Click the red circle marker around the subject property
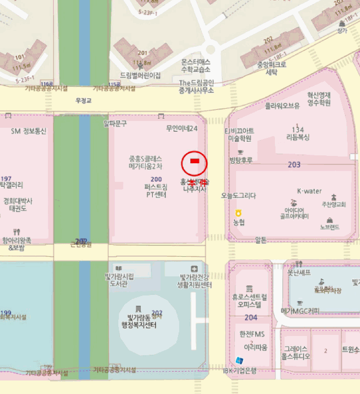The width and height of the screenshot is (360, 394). pyautogui.click(x=194, y=163)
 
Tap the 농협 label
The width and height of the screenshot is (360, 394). pyautogui.click(x=239, y=222)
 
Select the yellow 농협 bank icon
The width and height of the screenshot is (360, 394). pyautogui.click(x=238, y=212)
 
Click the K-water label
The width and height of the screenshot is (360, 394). pyautogui.click(x=309, y=191)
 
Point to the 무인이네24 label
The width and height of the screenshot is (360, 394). pyautogui.click(x=181, y=128)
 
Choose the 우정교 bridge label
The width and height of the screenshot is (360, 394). pyautogui.click(x=83, y=101)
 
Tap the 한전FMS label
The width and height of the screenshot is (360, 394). pyautogui.click(x=252, y=334)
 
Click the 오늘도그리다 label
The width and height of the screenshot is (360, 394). pyautogui.click(x=238, y=196)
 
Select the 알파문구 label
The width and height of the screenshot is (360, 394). pyautogui.click(x=115, y=123)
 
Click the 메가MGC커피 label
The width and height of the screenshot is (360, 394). pyautogui.click(x=300, y=311)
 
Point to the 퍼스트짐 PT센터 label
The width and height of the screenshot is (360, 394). pyautogui.click(x=154, y=191)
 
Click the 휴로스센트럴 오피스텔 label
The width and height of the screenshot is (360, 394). pyautogui.click(x=249, y=301)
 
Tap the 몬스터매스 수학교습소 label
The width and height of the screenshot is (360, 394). pyautogui.click(x=195, y=65)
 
